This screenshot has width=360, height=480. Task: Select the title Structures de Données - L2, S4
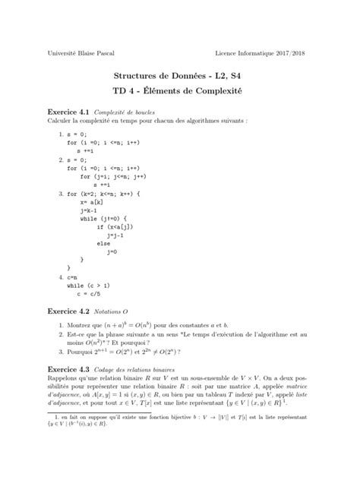click(179, 77)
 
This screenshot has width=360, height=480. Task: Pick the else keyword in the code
click(103, 243)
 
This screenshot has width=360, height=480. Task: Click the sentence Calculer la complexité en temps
click(136, 121)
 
